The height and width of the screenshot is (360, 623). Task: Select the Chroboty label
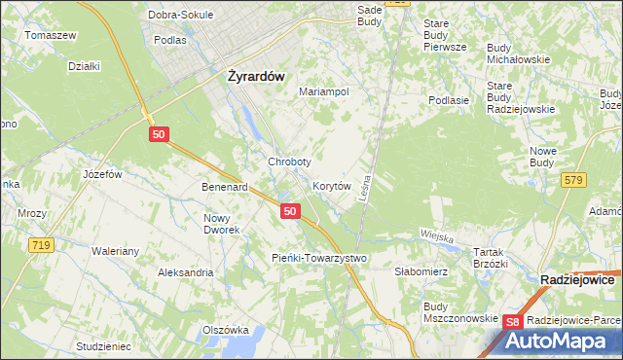click(289, 162)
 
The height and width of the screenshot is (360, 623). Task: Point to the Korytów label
click(331, 185)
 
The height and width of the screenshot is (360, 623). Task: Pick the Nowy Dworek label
click(222, 223)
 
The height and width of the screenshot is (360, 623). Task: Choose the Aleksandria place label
click(186, 272)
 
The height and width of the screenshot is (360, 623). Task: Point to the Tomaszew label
click(52, 35)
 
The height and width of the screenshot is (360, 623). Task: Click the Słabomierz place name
click(421, 272)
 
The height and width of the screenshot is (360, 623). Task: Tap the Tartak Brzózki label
click(491, 257)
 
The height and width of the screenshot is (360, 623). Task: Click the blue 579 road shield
click(573, 178)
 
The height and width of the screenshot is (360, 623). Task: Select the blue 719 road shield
click(40, 246)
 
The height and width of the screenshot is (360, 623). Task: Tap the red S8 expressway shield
click(515, 322)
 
